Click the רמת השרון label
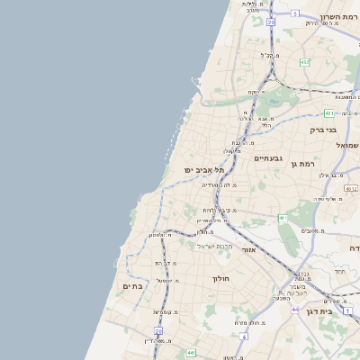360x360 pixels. [337, 17]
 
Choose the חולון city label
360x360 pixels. [221, 279]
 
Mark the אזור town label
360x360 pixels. [248, 249]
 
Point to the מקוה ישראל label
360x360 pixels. [215, 246]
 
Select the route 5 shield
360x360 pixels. [296, 13]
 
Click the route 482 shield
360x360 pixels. [305, 62]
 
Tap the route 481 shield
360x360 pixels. [329, 113]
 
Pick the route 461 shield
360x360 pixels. [283, 218]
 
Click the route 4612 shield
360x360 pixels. [352, 189]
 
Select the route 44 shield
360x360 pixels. [293, 310]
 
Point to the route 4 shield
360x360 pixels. [243, 337]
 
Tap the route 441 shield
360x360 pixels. [191, 353]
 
